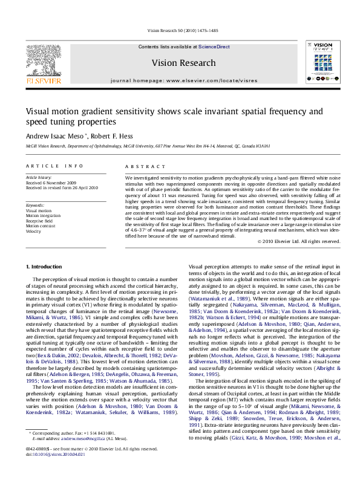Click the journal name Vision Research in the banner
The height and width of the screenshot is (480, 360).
pos(183,63)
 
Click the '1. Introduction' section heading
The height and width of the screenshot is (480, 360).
pos(45,267)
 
